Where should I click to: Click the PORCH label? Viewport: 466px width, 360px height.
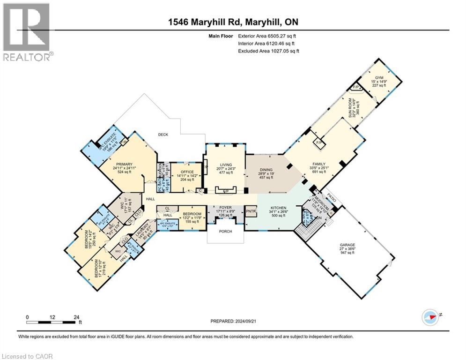[x=225, y=231]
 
